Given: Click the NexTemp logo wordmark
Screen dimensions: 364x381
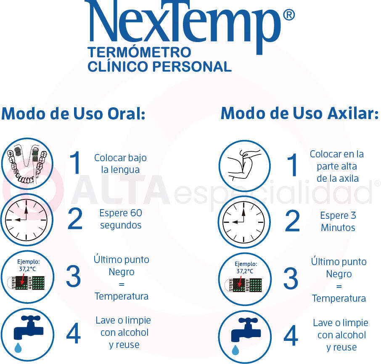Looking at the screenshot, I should tap(185, 23).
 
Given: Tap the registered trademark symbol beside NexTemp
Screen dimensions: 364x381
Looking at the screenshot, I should tap(289, 16).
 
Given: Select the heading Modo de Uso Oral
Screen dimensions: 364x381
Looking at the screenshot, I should tap(73, 113).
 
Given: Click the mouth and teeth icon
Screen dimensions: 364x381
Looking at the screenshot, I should tap(26, 164).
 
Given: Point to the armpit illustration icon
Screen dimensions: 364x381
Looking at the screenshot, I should tap(244, 165).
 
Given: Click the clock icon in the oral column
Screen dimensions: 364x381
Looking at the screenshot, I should tap(26, 220).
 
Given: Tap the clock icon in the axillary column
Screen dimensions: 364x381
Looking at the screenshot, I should tap(244, 221).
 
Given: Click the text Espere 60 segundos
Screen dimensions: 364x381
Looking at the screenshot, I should tap(121, 219).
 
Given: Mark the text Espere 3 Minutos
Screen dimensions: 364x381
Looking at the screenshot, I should tap(338, 222).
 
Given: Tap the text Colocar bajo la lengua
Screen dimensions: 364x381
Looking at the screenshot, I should tap(120, 164).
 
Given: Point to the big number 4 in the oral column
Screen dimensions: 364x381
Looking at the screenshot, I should tap(74, 334).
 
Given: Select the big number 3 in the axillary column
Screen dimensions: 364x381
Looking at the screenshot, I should tap(291, 279).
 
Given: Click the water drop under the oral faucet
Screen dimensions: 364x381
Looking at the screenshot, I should tap(18, 347).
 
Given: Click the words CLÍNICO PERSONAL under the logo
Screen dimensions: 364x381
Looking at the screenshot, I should tap(159, 66).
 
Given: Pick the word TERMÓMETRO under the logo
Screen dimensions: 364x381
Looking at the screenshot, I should tap(139, 53).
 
